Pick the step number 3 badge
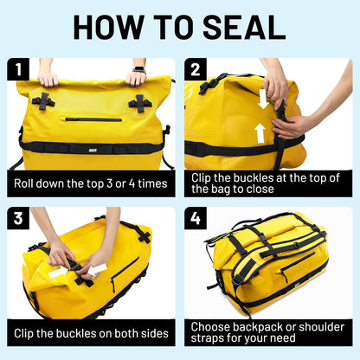coord(17,217)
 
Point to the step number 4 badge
coord(196,217)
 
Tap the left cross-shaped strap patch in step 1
coord(43,101)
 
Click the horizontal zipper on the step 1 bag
coord(93,119)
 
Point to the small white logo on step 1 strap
coord(91,148)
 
